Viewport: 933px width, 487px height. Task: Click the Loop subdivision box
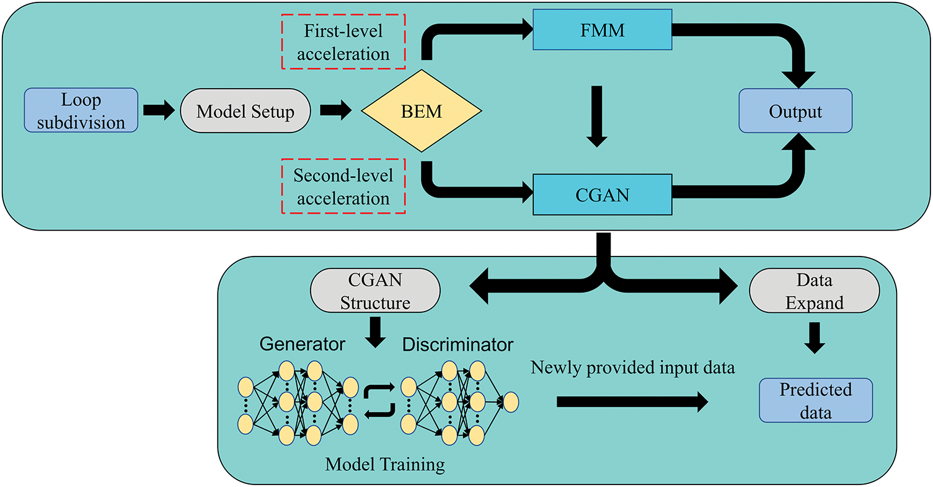pyautogui.click(x=81, y=110)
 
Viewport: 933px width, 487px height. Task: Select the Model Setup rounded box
pyautogui.click(x=245, y=112)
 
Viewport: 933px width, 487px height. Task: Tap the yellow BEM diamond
pyautogui.click(x=422, y=112)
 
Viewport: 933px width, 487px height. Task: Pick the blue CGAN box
pyautogui.click(x=603, y=195)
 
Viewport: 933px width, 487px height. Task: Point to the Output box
pyautogui.click(x=795, y=112)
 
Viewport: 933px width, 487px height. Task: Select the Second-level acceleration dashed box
pyautogui.click(x=343, y=186)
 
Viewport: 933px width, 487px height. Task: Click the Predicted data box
pyautogui.click(x=815, y=401)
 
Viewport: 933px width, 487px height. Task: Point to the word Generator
pyautogui.click(x=302, y=344)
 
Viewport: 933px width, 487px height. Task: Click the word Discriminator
pyautogui.click(x=458, y=344)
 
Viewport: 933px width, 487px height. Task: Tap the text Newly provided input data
pyautogui.click(x=632, y=368)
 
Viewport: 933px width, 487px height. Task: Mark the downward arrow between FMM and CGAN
pyautogui.click(x=596, y=116)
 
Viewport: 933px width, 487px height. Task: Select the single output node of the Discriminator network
pyautogui.click(x=511, y=402)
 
